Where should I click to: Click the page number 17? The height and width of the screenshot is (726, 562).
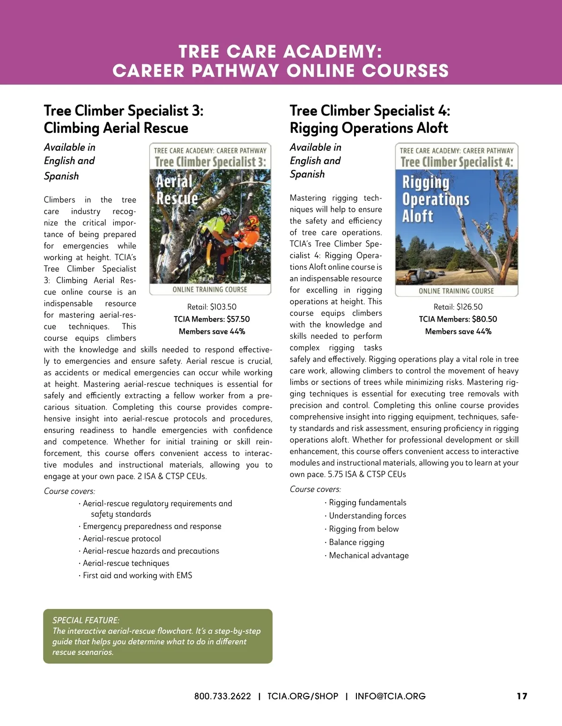tap(522, 696)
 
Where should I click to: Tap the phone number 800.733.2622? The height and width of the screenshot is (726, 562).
tap(222, 696)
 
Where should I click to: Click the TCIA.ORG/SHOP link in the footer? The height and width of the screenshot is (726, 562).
tap(303, 696)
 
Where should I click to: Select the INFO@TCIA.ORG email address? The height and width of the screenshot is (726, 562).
tap(390, 696)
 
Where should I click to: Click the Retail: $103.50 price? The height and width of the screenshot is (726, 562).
tap(212, 307)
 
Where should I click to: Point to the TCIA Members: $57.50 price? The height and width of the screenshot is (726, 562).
tap(212, 319)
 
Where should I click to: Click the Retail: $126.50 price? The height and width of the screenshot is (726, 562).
tap(458, 307)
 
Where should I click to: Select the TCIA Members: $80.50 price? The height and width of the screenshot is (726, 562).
tap(458, 319)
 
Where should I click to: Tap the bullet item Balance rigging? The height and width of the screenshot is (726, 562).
tap(356, 542)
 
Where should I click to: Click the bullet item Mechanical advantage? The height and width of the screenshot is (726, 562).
tap(369, 556)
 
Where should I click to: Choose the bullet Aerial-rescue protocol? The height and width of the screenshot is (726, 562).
tap(122, 539)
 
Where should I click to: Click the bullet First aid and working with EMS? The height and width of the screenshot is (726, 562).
tap(137, 575)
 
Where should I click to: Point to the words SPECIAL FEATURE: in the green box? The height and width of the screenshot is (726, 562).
tap(86, 620)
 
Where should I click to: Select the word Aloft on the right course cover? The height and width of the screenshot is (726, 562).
tap(418, 216)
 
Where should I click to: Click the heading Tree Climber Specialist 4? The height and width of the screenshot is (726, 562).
tap(370, 111)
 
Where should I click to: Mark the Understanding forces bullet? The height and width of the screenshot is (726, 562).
tap(367, 516)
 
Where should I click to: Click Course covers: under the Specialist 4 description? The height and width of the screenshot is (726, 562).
tap(315, 489)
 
